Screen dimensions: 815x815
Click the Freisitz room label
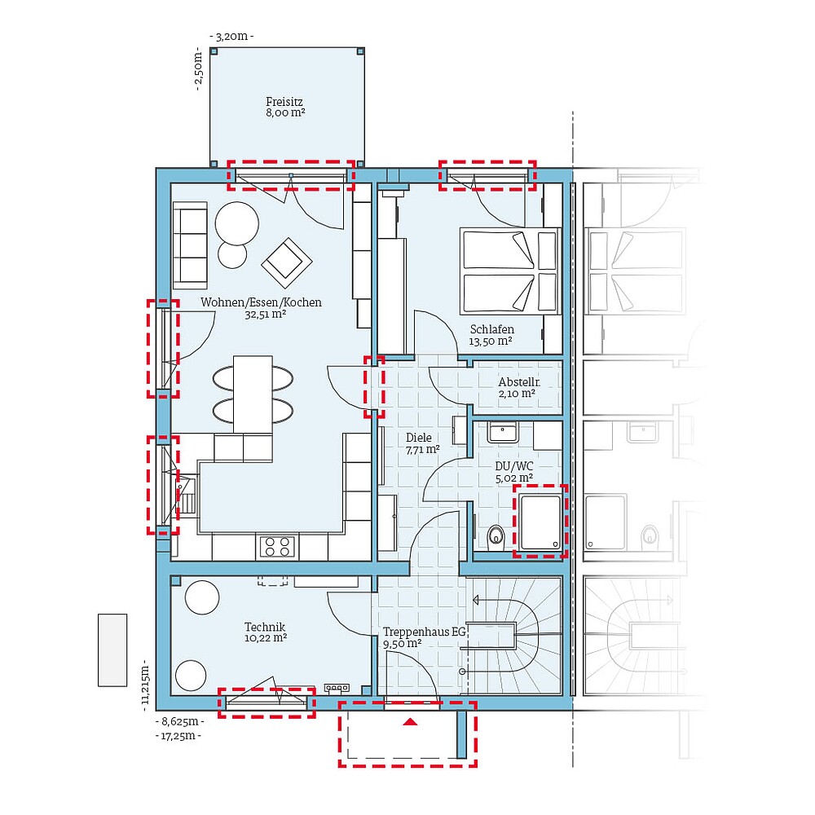(284, 102)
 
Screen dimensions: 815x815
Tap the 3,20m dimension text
(232, 37)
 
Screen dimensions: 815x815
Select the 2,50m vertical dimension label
(198, 71)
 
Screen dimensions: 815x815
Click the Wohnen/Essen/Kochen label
(261, 302)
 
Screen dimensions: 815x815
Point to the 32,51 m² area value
(265, 315)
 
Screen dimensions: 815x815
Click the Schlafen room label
(491, 329)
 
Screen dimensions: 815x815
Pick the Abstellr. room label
(518, 381)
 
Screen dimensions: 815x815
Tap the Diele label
(419, 438)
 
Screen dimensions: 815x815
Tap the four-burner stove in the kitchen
(277, 546)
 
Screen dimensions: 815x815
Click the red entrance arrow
(410, 721)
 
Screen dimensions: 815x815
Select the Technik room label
(265, 627)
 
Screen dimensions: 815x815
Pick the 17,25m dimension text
(178, 736)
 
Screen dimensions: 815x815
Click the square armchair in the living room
(286, 262)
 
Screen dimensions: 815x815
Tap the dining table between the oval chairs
(252, 394)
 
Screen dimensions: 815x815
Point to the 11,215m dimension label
(146, 681)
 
